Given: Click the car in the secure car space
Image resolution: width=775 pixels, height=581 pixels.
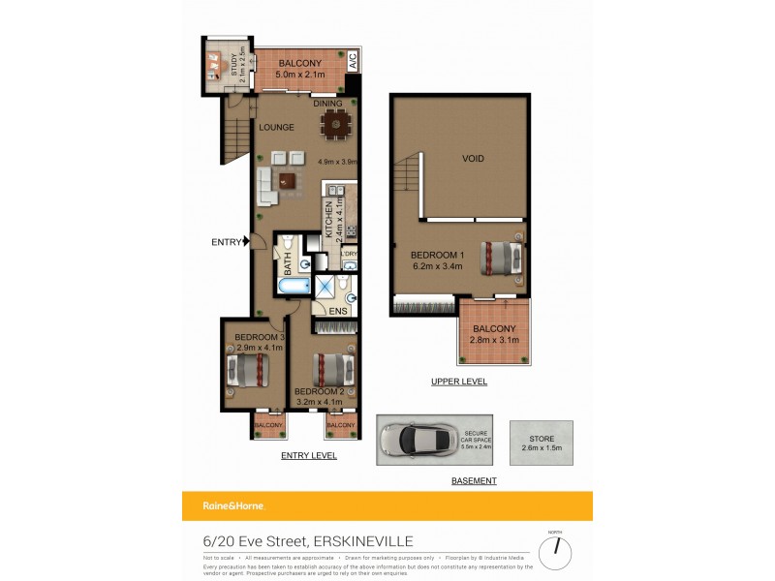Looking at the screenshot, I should [x=421, y=440].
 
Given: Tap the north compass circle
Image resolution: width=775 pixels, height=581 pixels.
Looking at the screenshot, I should [x=556, y=553].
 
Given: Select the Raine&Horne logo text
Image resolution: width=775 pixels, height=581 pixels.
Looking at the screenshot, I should [x=232, y=505].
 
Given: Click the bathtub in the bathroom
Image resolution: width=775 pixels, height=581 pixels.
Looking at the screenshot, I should [x=293, y=288].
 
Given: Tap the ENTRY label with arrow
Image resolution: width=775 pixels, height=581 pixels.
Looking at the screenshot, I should [x=231, y=242].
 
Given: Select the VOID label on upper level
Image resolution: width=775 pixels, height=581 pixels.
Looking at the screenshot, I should [x=473, y=158].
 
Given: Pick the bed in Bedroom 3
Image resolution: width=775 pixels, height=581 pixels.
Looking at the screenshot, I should [x=248, y=370].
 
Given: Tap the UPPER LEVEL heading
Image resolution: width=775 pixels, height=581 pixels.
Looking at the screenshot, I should [x=459, y=382].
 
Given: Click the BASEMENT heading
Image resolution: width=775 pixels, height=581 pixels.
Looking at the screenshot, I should [x=474, y=480].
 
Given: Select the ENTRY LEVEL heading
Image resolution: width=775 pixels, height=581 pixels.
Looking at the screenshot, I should [x=308, y=455].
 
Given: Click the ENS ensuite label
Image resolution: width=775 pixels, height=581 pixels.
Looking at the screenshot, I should [x=337, y=311].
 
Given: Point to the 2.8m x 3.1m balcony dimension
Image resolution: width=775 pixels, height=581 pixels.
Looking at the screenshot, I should [x=494, y=341].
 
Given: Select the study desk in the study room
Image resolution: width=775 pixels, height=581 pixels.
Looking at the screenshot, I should [x=214, y=64].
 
